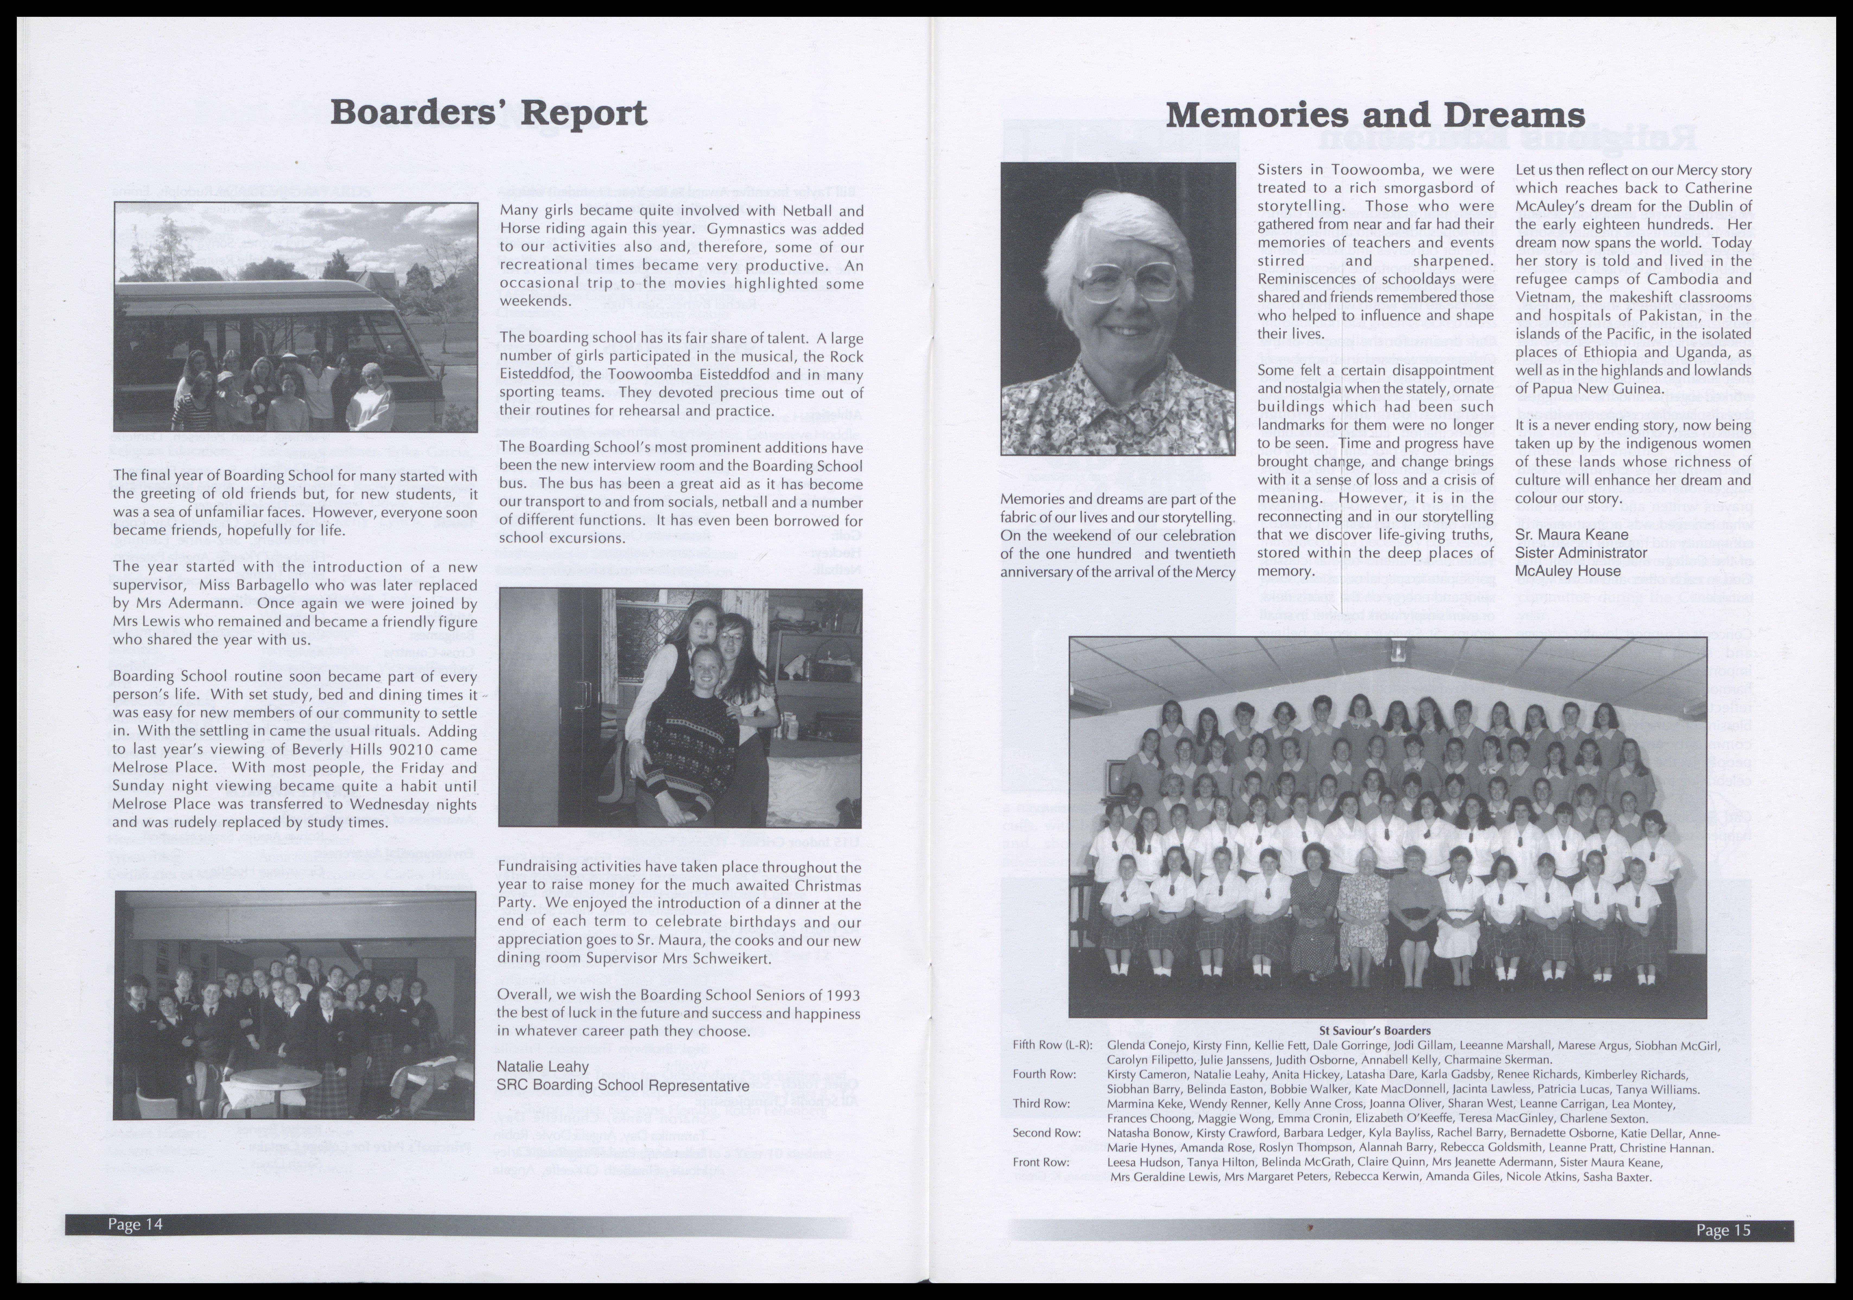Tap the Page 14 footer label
(x=136, y=1224)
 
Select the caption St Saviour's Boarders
(x=1374, y=1030)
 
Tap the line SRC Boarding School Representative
(x=623, y=1085)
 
